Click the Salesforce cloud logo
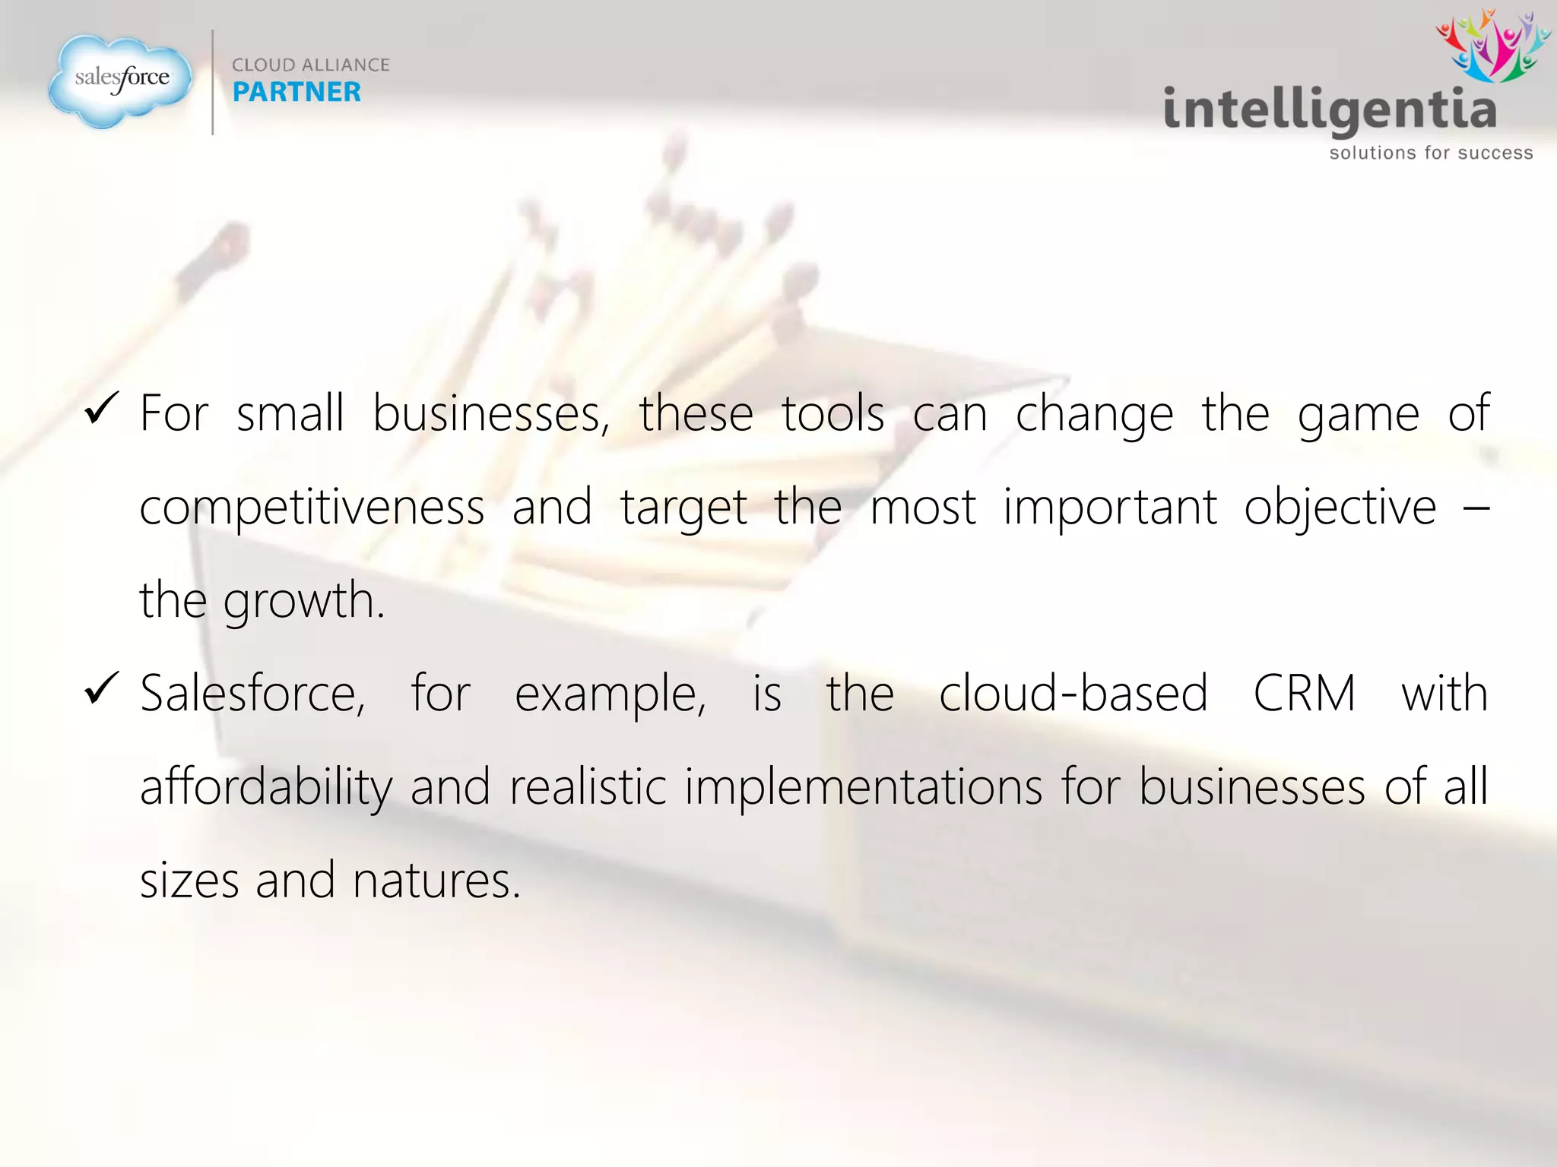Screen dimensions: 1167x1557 120,80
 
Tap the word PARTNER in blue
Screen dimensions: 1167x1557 296,92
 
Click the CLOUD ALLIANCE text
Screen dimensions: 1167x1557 310,65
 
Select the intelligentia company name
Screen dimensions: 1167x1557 1330,110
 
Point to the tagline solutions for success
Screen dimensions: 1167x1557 1431,153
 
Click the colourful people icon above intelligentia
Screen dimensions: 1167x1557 1492,46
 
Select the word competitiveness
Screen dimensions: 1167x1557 312,508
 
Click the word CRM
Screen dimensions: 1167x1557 1304,693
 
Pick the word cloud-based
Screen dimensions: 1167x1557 1073,693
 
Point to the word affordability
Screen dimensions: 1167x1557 266,787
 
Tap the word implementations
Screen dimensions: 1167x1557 864,787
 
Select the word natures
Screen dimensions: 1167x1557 436,881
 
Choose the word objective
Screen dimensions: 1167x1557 1340,508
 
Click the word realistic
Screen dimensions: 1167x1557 588,787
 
